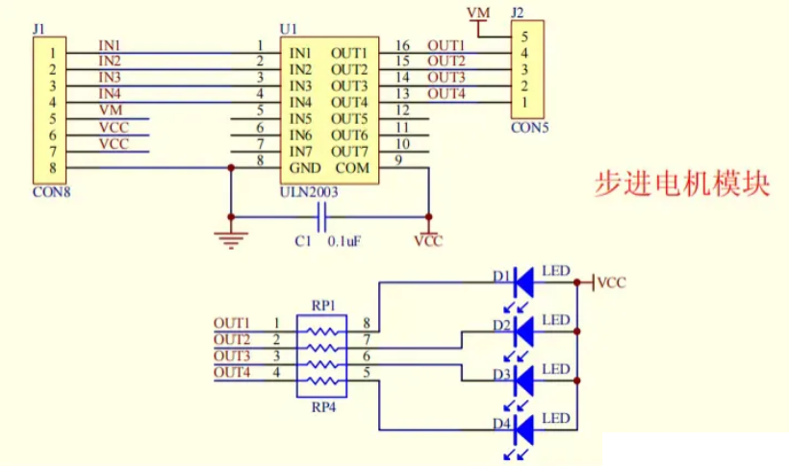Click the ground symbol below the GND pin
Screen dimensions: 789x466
pyautogui.click(x=231, y=240)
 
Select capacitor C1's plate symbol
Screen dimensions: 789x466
pyautogui.click(x=322, y=217)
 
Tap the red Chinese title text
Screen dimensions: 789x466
pyautogui.click(x=682, y=184)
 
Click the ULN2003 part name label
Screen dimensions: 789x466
pyautogui.click(x=309, y=192)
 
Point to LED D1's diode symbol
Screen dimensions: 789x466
pyautogui.click(x=523, y=282)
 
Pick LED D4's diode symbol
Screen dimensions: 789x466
pyautogui.click(x=523, y=429)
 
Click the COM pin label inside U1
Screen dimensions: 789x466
pyautogui.click(x=352, y=168)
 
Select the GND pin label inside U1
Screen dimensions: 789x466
pyautogui.click(x=305, y=168)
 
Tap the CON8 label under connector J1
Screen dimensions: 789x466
pyautogui.click(x=51, y=192)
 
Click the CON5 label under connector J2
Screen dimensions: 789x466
pyautogui.click(x=530, y=128)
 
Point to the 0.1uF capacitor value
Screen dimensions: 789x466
pyautogui.click(x=344, y=242)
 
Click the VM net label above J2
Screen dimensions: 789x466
pyautogui.click(x=478, y=12)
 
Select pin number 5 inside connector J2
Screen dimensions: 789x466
pyautogui.click(x=524, y=37)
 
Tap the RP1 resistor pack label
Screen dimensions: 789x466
pyautogui.click(x=323, y=306)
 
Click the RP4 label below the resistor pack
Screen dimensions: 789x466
pyautogui.click(x=323, y=407)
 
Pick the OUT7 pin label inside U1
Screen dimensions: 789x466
pyautogui.click(x=349, y=151)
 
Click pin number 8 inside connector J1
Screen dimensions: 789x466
pyautogui.click(x=52, y=168)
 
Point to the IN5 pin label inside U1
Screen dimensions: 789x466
pyautogui.click(x=300, y=118)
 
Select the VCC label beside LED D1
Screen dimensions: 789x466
pyautogui.click(x=612, y=282)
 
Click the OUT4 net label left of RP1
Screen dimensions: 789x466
pyautogui.click(x=232, y=372)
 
